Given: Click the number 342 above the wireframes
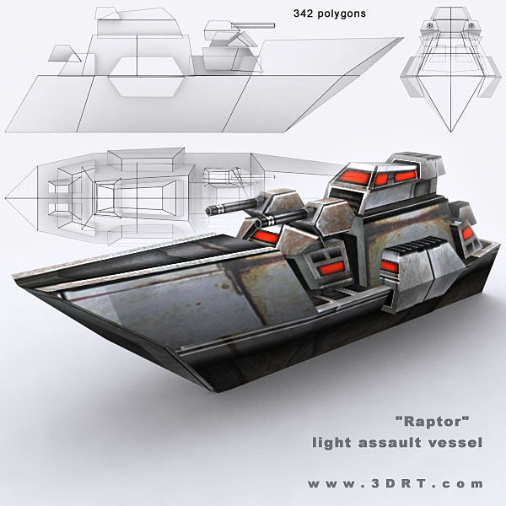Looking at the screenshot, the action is click(304, 14).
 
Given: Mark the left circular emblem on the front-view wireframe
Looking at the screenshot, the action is click(433, 25).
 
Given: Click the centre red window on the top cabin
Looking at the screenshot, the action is click(382, 177).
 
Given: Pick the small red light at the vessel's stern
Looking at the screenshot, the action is click(466, 236).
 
